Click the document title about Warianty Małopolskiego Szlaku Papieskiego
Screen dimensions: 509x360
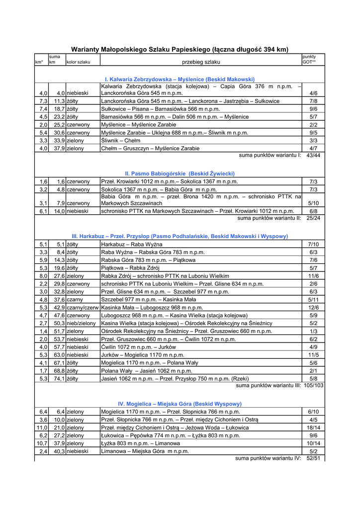click(180, 49)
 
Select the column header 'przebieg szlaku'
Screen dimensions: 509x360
click(201, 62)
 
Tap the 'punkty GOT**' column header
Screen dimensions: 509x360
click(309, 60)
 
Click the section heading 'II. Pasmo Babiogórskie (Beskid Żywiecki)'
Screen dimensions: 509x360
click(180, 173)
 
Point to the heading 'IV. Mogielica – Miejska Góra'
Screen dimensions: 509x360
click(180, 404)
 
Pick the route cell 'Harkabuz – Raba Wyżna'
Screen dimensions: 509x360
click(132, 245)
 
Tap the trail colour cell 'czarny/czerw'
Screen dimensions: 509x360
click(83, 308)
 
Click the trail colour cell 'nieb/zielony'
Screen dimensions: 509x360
click(82, 324)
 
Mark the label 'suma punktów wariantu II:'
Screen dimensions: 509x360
click(269, 218)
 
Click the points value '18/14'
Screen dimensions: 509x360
click(313, 427)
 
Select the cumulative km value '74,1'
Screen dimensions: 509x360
click(60, 379)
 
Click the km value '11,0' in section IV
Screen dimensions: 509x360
click(42, 427)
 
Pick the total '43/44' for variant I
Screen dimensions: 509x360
click(313, 156)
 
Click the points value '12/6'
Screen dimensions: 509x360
click(313, 308)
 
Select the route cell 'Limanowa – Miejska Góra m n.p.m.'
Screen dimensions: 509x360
click(145, 451)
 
